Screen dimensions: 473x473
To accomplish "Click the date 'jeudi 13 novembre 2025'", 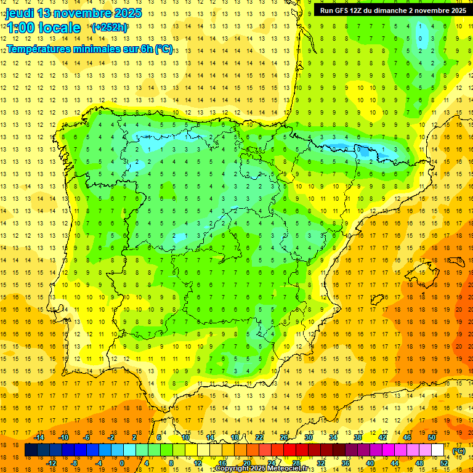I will pos(74,13).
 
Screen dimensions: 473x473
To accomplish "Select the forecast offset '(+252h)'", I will pos(110,28).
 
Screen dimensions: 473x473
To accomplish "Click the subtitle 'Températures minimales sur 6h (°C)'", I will pos(90,49).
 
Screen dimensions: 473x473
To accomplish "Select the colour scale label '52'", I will pos(444,463).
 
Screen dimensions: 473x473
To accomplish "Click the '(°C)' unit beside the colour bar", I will pos(459,451).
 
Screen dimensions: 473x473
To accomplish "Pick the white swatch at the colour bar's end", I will pos(438,450).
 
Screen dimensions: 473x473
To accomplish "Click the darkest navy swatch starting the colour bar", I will pos(31,450).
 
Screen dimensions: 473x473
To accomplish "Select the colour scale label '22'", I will pos(259,437).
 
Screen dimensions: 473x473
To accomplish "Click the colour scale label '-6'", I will pos(87,437).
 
